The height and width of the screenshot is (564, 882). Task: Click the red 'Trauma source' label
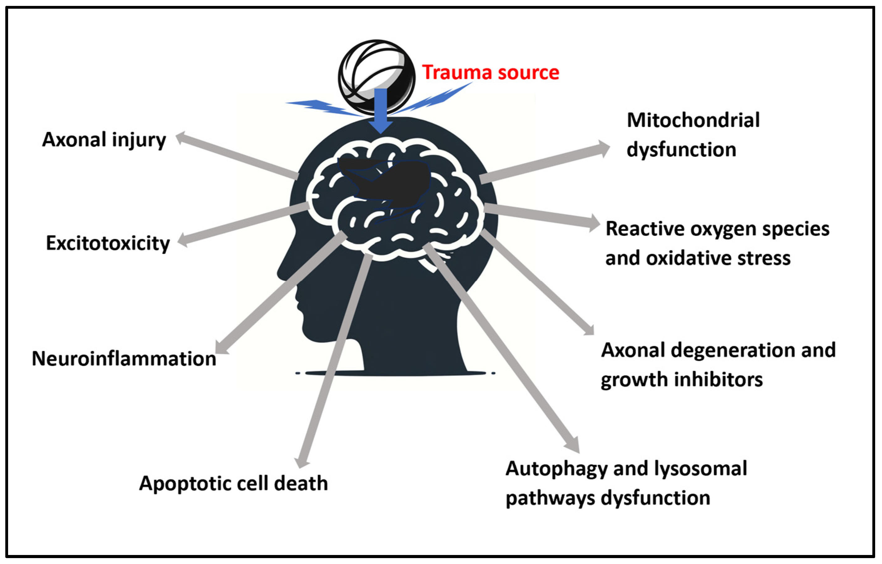click(490, 72)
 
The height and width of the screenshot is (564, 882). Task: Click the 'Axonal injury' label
click(104, 140)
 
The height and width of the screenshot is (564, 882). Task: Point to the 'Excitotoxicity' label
click(108, 243)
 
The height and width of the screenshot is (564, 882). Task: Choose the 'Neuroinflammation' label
click(124, 359)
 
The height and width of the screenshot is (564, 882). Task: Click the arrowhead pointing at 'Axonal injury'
click(182, 138)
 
